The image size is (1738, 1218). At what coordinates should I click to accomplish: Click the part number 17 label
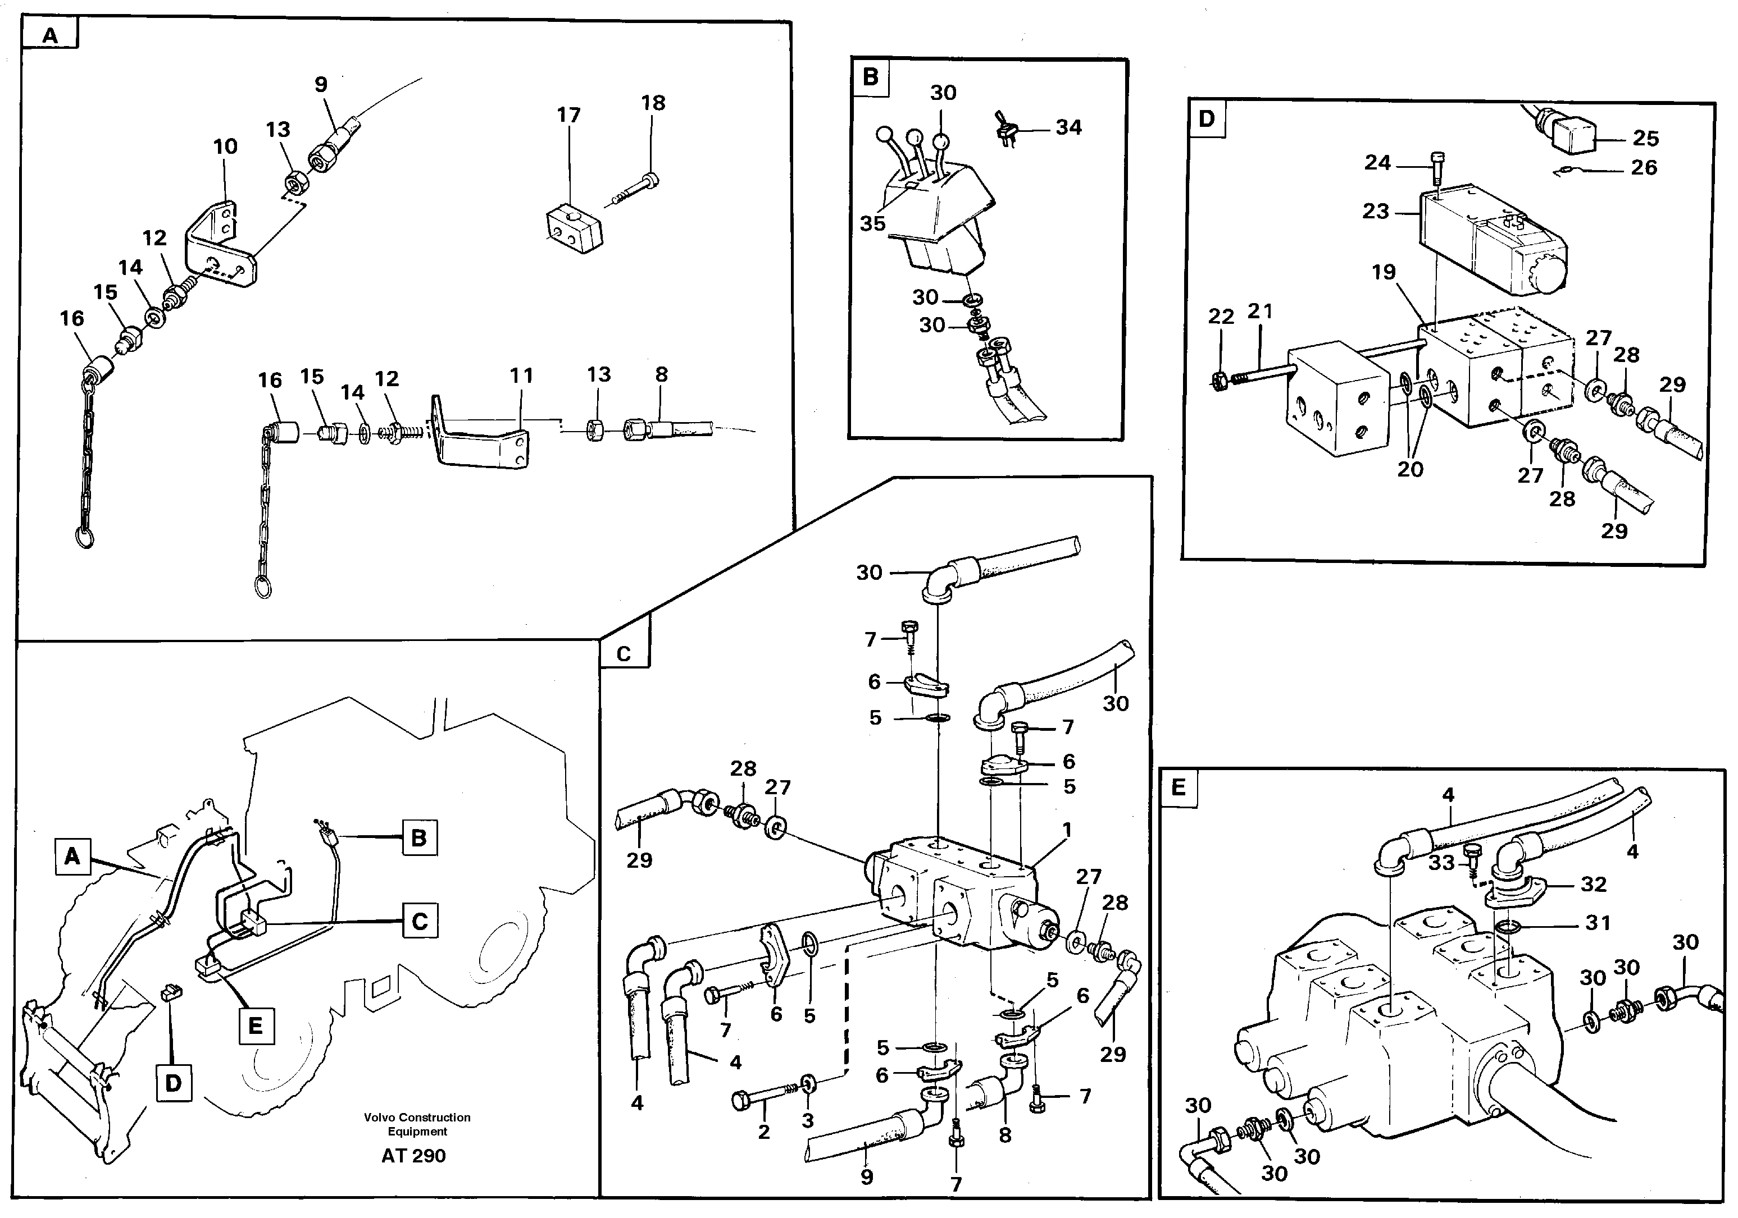[568, 115]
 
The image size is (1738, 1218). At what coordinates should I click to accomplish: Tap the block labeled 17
[574, 229]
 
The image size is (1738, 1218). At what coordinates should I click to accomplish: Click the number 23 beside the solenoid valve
[1376, 211]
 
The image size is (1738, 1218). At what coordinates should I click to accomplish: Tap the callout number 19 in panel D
[1384, 272]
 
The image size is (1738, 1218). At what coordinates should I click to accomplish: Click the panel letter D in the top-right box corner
[1207, 119]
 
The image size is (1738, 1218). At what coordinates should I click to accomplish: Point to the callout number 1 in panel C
[1067, 830]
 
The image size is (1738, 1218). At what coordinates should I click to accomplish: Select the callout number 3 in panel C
[808, 1120]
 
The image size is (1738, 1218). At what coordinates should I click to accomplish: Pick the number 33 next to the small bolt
[1442, 863]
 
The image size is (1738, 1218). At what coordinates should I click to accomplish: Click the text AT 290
[413, 1156]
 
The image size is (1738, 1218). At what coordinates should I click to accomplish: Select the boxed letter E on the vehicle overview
[256, 1026]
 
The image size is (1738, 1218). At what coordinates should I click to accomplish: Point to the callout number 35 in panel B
[872, 223]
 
